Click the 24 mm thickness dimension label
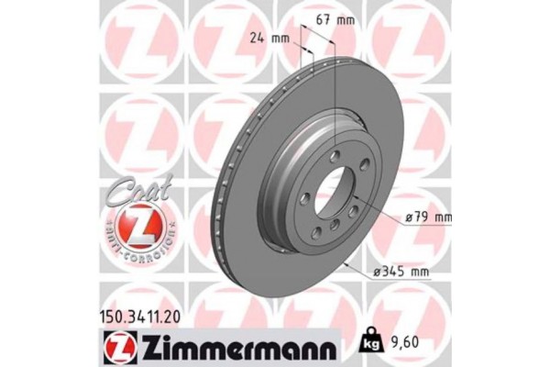[269, 39]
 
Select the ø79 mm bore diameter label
[428, 218]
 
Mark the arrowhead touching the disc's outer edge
[346, 261]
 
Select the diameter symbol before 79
[408, 218]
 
